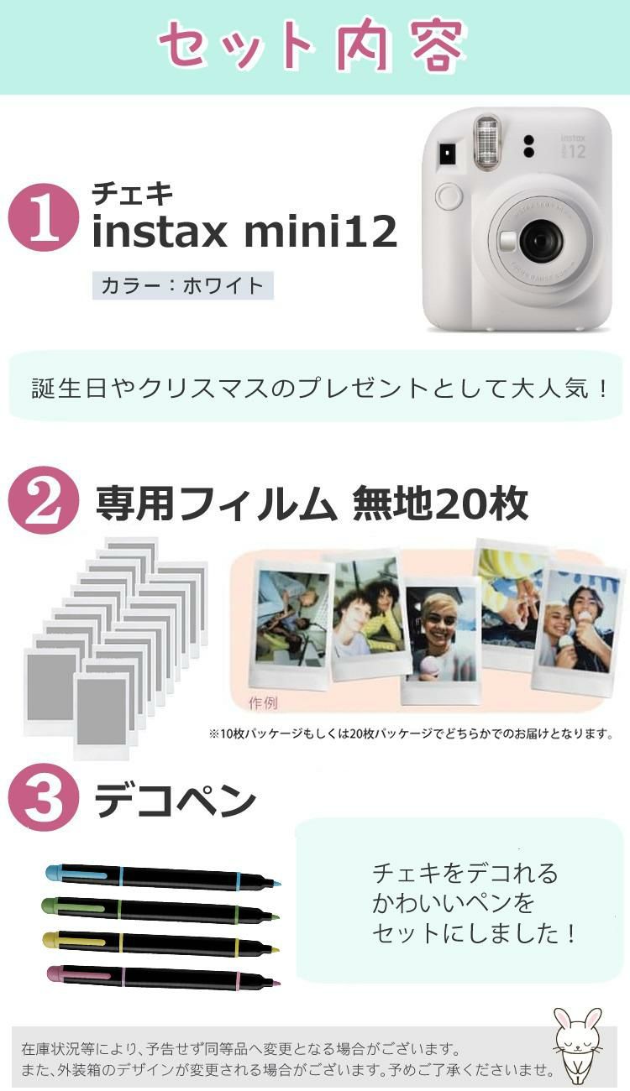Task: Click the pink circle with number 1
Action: click(x=44, y=217)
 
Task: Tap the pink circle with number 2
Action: click(x=44, y=501)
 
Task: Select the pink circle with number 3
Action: click(x=44, y=800)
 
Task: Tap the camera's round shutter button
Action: click(x=449, y=197)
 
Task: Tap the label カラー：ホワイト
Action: click(x=182, y=285)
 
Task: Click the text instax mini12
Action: click(x=244, y=233)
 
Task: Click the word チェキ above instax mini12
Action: click(x=132, y=194)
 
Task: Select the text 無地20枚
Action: click(x=440, y=504)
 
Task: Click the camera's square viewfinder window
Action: click(x=446, y=154)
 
